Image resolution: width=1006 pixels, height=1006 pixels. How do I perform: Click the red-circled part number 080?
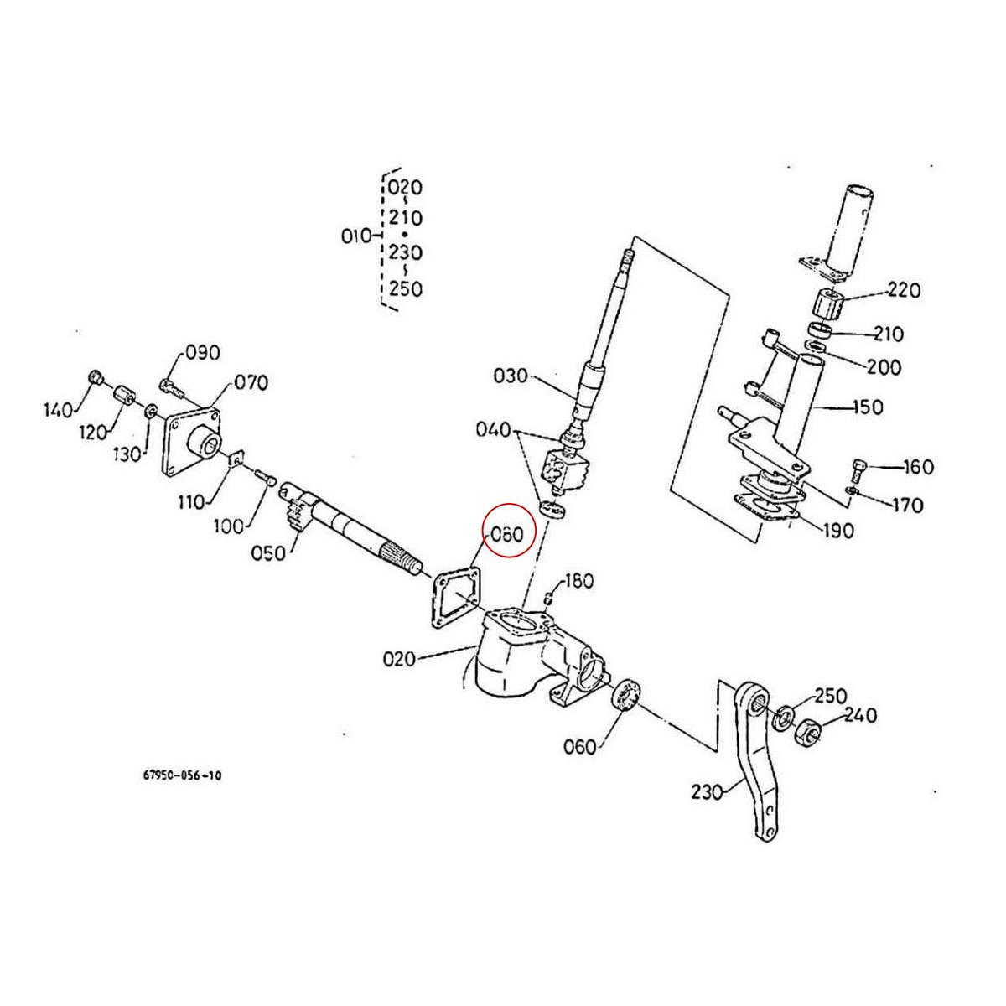click(506, 533)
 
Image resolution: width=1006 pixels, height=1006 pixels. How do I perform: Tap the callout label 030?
click(511, 376)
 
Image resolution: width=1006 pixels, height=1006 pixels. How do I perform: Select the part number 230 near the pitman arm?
click(708, 791)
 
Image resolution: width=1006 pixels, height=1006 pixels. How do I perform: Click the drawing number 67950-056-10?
click(182, 776)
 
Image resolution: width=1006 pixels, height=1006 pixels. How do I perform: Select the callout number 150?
click(866, 407)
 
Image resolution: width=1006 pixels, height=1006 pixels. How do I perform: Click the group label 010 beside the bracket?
click(356, 236)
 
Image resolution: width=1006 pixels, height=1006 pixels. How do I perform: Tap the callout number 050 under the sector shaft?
click(267, 553)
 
